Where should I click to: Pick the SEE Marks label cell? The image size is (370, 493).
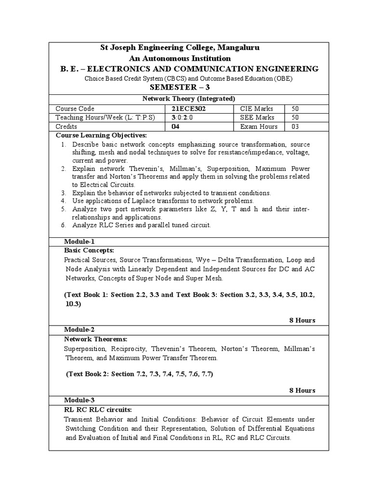coord(257,117)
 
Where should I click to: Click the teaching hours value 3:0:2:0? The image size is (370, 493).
coord(179,117)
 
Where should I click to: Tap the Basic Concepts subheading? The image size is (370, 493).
coord(89,250)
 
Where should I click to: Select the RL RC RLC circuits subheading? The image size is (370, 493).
coord(98,409)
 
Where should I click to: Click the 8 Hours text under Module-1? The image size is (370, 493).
coord(302,321)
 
